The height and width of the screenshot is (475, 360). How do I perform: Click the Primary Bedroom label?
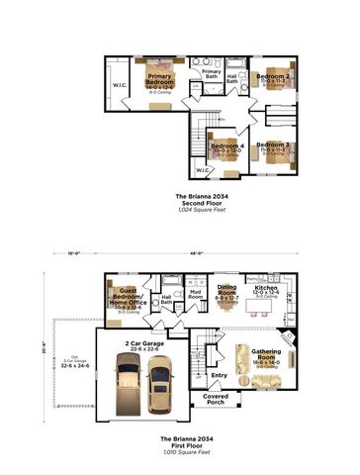pos(159,78)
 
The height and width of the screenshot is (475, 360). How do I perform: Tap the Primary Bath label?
pos(211,73)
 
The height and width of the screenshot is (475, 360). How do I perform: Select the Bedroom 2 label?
pos(273,76)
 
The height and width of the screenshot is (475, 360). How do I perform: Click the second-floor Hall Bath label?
pos(232,79)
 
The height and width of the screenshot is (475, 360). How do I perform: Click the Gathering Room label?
pos(265,353)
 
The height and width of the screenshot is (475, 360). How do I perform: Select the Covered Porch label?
pos(215,399)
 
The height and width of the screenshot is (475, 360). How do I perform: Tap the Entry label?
pos(218,375)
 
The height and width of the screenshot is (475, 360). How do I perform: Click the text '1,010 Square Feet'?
pos(180,444)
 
